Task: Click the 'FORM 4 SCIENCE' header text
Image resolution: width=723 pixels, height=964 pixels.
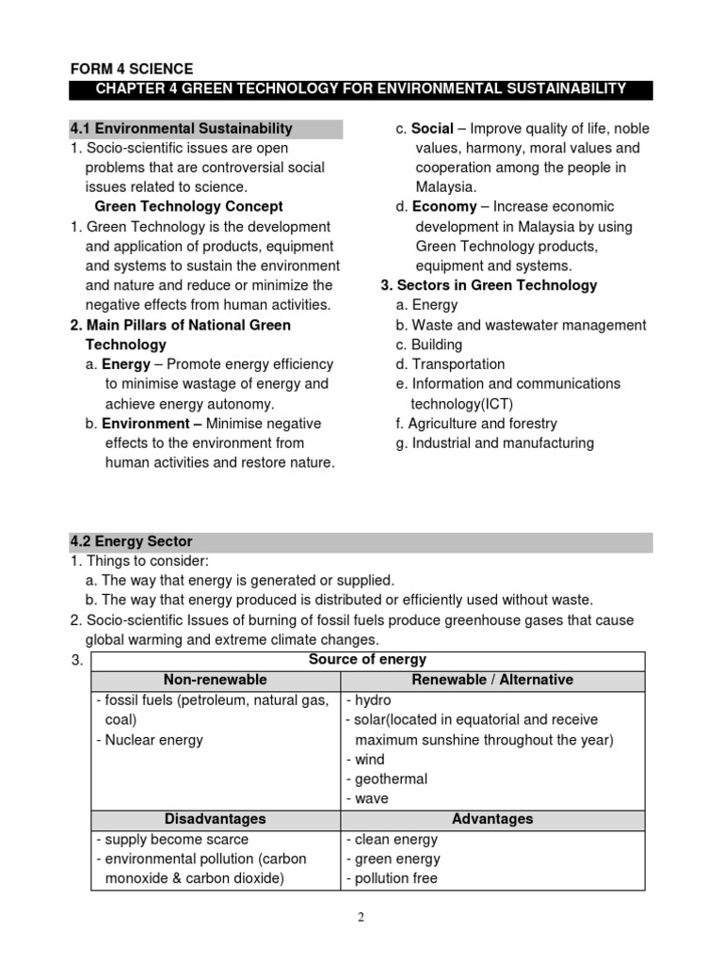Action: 132,69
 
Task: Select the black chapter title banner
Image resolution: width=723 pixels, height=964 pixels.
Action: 361,89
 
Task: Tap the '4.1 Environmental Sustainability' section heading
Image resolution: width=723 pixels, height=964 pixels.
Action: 182,129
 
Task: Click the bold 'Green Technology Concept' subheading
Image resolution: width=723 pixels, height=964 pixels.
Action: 189,206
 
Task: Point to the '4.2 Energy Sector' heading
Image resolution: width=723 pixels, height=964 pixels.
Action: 131,541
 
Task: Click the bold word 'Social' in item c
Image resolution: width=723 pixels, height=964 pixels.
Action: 432,129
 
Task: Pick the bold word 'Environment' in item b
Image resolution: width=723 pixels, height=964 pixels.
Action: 146,423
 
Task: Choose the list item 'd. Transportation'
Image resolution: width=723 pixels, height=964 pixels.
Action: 450,364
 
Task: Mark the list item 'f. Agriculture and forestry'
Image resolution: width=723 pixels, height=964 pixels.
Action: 476,424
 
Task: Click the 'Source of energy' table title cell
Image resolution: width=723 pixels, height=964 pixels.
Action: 367,660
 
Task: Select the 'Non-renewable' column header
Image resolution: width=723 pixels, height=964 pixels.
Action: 215,680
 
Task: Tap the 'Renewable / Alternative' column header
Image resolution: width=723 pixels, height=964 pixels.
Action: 492,680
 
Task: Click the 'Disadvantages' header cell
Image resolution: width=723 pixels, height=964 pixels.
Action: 215,819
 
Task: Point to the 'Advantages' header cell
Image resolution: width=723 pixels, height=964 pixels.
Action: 492,819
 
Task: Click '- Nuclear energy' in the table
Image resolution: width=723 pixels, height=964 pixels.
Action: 150,740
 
